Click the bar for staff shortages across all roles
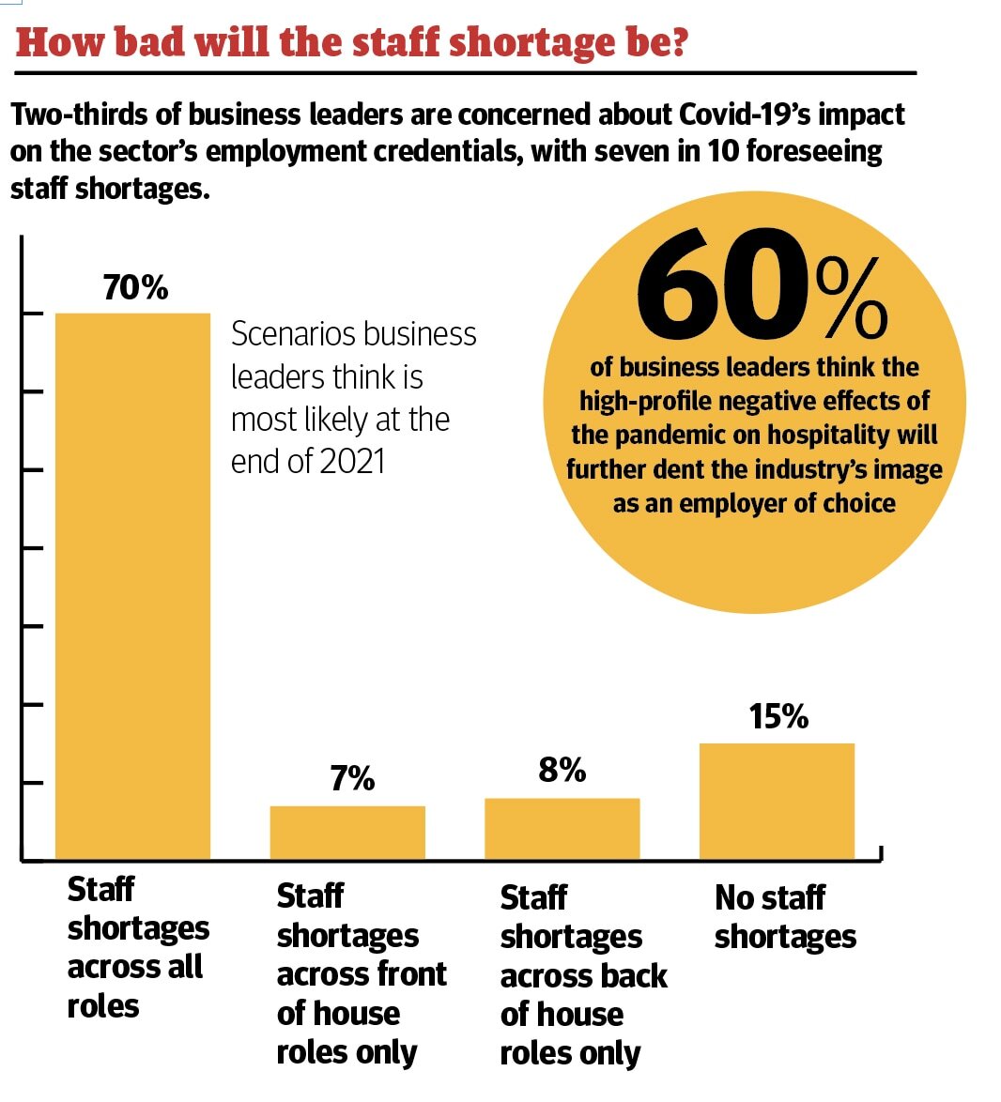pyautogui.click(x=132, y=586)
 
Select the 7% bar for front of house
pyautogui.click(x=347, y=832)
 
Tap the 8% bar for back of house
pyautogui.click(x=562, y=828)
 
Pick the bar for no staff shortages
pyautogui.click(x=777, y=801)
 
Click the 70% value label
pyautogui.click(x=136, y=287)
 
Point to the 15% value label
pyautogui.click(x=778, y=717)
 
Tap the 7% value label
pyautogui.click(x=352, y=779)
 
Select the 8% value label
pyautogui.click(x=562, y=771)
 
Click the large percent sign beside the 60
pyautogui.click(x=852, y=298)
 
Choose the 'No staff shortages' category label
pyautogui.click(x=785, y=917)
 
